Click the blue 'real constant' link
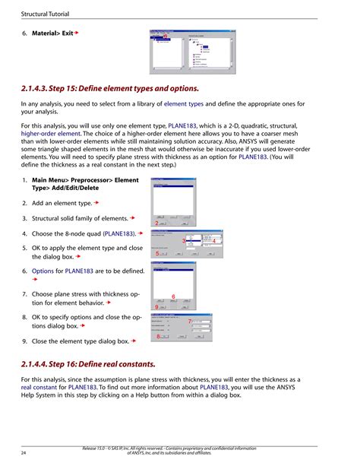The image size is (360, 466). click(44, 387)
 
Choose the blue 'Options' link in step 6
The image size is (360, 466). click(43, 270)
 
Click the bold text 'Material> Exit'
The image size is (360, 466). click(52, 34)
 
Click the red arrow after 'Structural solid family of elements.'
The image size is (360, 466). click(132, 219)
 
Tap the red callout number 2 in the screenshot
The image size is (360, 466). click(156, 223)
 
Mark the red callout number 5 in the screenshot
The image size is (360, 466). click(156, 253)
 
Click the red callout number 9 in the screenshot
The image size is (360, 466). click(156, 307)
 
